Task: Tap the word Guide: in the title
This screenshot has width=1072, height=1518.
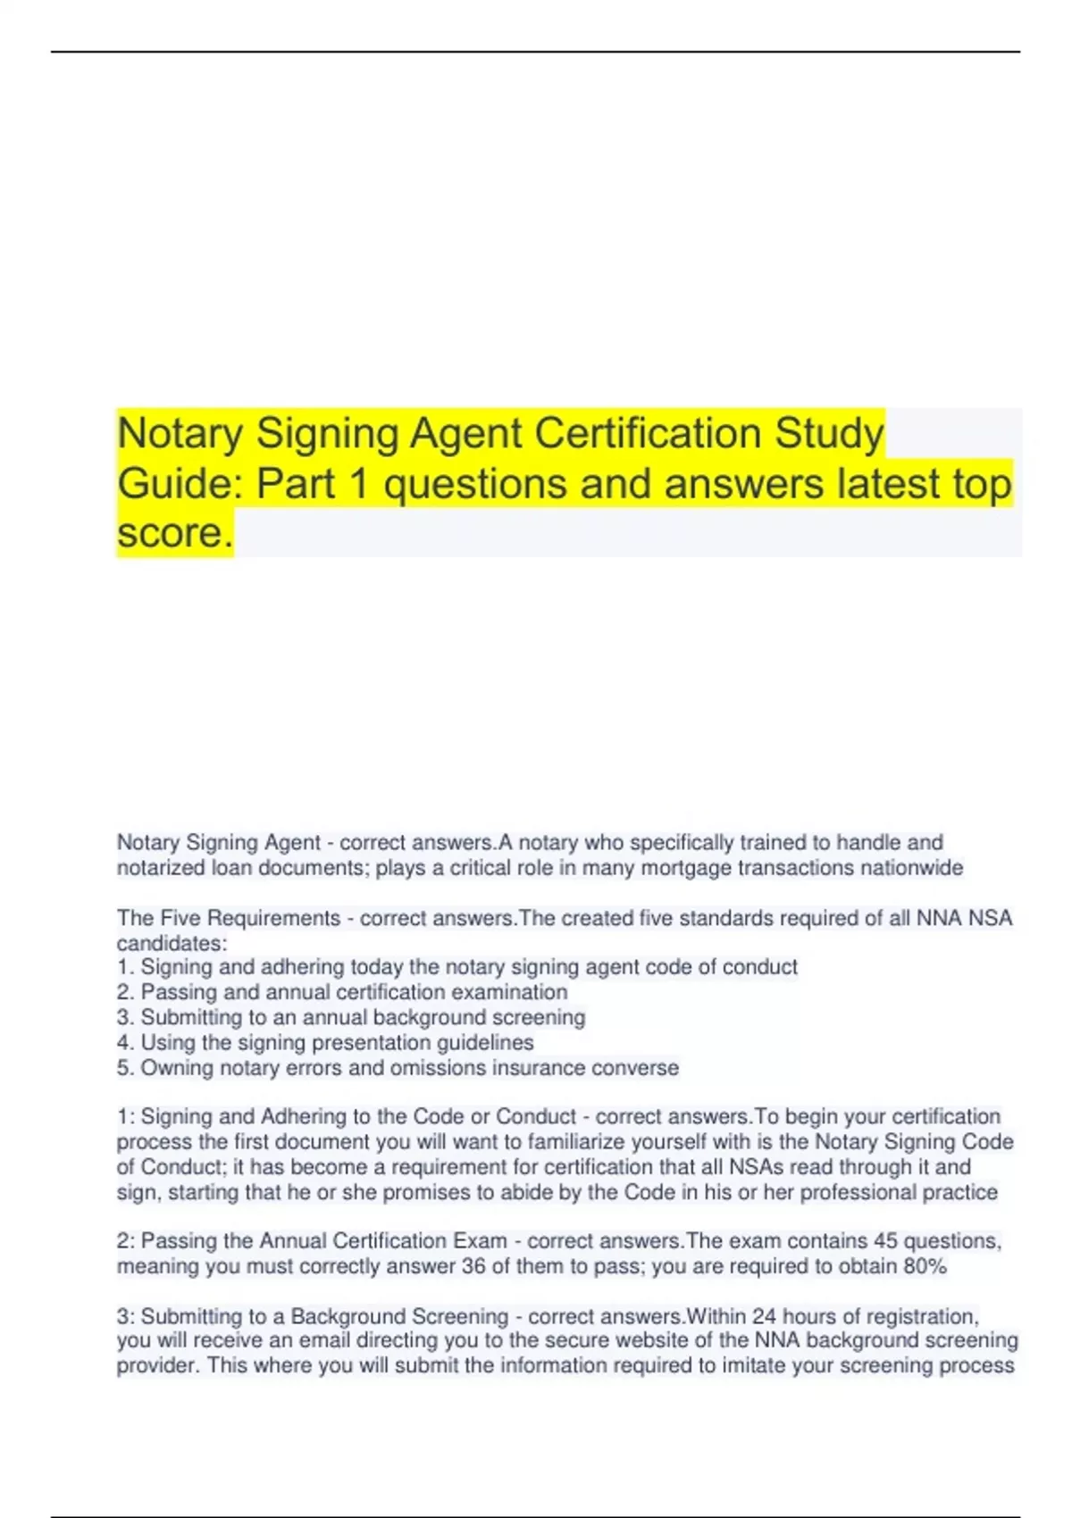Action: (x=181, y=485)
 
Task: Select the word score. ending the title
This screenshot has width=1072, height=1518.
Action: (x=174, y=534)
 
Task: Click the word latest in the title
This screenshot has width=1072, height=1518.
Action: (x=887, y=485)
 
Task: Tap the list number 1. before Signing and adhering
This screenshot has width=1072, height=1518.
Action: (x=125, y=967)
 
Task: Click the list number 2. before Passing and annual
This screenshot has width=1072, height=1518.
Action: (x=125, y=992)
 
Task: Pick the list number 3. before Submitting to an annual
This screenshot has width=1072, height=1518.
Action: (x=125, y=1017)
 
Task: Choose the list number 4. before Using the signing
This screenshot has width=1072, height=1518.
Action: (x=125, y=1042)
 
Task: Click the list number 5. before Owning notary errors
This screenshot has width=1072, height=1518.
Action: (x=125, y=1068)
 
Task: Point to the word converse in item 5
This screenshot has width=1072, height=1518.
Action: (x=644, y=1068)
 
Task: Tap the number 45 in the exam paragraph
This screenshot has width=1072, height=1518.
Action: (x=885, y=1241)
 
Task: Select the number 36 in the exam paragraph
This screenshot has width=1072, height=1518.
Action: (x=473, y=1266)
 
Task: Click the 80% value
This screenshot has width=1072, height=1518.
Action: (x=924, y=1266)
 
